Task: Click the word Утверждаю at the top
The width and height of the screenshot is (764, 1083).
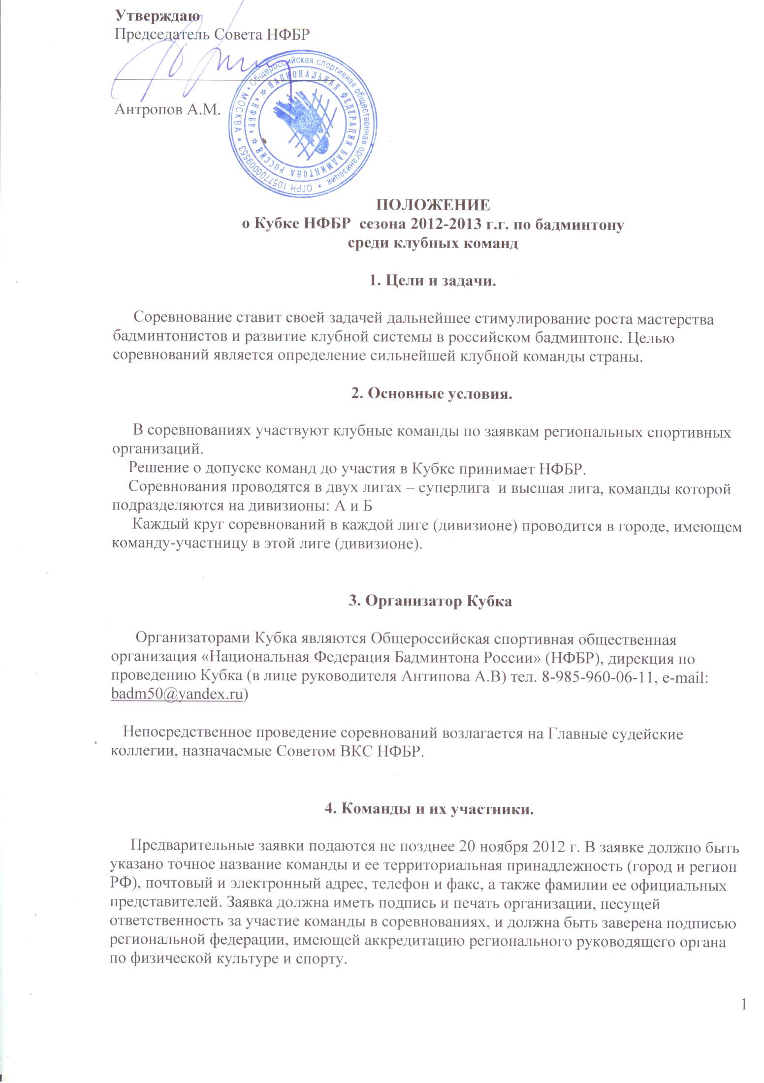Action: (158, 16)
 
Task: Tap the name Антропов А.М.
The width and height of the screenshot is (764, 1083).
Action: (166, 109)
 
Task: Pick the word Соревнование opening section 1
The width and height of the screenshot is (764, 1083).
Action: (178, 319)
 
